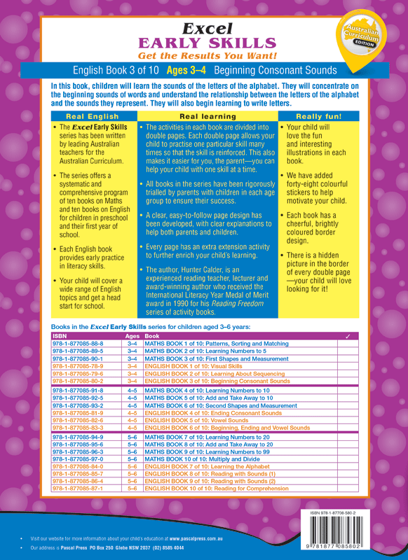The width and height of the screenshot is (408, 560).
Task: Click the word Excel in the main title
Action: pyautogui.click(x=203, y=29)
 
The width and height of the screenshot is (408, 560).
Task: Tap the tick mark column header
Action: pyautogui.click(x=348, y=337)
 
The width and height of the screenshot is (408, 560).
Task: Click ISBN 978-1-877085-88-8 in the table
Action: pyautogui.click(x=79, y=344)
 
